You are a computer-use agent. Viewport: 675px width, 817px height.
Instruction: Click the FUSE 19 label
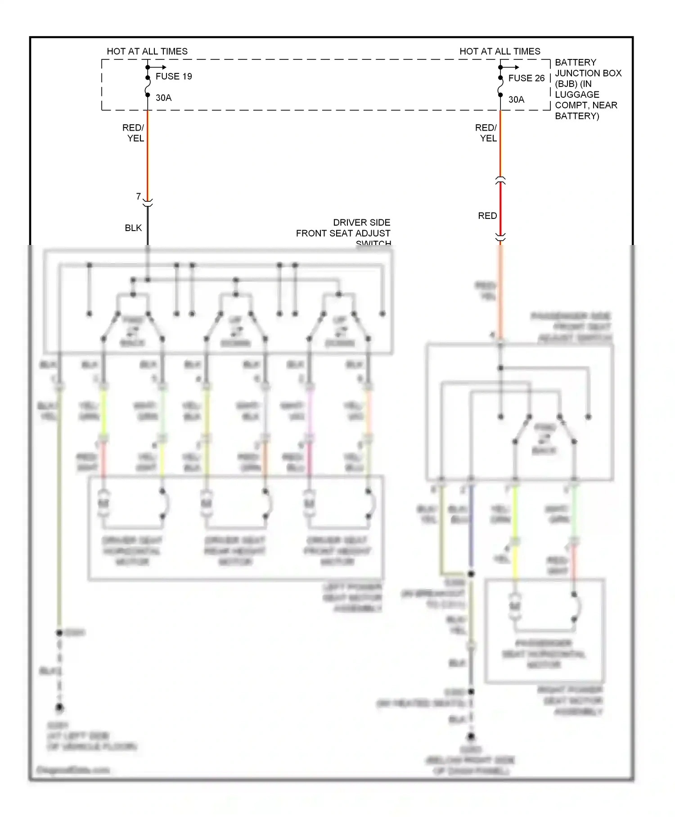pos(174,77)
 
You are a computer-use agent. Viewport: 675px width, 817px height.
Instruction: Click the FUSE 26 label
pos(526,78)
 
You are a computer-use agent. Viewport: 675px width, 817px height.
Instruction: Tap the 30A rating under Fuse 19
pos(163,98)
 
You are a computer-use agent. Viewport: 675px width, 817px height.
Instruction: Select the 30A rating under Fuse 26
pos(516,100)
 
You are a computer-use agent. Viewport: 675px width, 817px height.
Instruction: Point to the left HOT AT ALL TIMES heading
pos(147,51)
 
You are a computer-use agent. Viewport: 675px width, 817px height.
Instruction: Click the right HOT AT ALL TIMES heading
pos(499,51)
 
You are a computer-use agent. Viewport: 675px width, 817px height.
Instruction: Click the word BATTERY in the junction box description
pos(575,63)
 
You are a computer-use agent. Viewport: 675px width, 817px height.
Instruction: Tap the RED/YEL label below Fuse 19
pos(134,133)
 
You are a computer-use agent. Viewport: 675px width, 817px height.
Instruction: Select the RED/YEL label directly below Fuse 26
pos(486,133)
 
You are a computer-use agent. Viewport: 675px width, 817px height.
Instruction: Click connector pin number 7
pos(139,196)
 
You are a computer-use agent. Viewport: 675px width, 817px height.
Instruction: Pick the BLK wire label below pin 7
pos(133,228)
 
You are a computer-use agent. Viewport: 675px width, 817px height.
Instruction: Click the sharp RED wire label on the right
pos(487,216)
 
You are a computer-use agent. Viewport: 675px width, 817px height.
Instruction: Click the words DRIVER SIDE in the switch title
pos(361,222)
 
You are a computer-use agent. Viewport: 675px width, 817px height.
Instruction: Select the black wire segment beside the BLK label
pos(148,227)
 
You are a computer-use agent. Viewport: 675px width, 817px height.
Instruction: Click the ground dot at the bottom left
pos(59,708)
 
